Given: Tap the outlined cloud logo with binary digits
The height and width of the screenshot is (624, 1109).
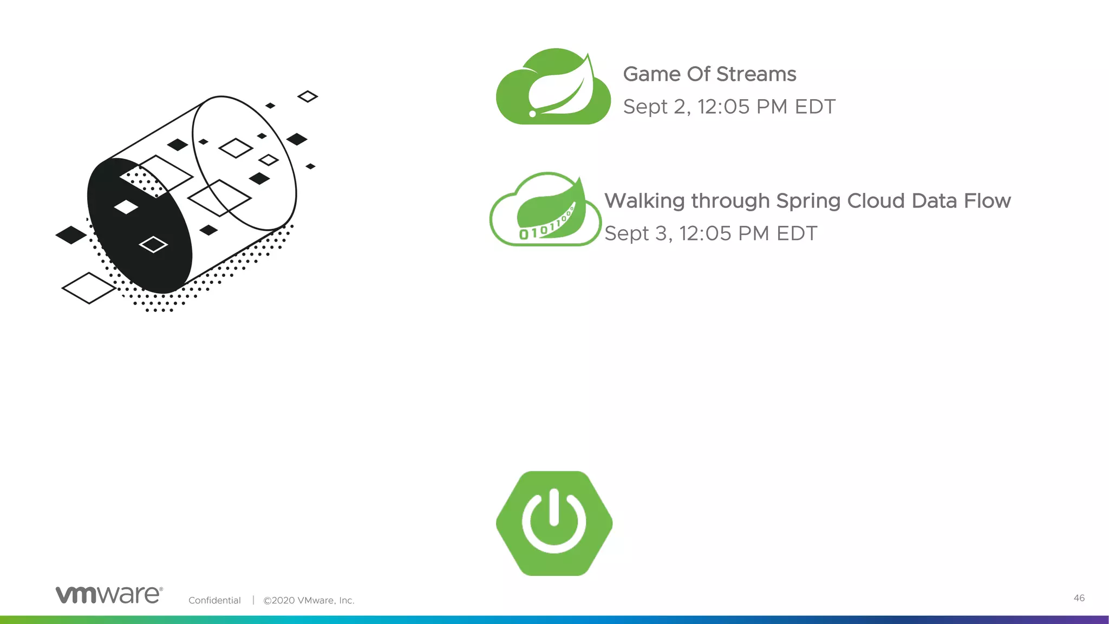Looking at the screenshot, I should click(545, 210).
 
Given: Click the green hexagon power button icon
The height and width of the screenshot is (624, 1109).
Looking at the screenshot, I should click(554, 523).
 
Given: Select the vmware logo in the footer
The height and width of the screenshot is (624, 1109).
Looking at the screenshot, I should click(109, 595).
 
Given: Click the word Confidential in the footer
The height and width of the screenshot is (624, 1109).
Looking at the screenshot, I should click(214, 600).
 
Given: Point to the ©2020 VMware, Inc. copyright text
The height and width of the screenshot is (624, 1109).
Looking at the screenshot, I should click(309, 600).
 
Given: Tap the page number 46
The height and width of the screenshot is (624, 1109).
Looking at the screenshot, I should click(1079, 598).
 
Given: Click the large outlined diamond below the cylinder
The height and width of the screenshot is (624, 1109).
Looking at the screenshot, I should click(89, 288).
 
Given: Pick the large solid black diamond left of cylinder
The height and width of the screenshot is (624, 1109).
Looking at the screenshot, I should click(71, 235).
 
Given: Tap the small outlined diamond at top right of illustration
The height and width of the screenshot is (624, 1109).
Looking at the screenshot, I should click(308, 96).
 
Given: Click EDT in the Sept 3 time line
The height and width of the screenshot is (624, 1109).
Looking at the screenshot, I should click(797, 233).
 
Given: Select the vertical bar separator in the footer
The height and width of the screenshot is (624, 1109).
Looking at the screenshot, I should click(253, 600).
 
